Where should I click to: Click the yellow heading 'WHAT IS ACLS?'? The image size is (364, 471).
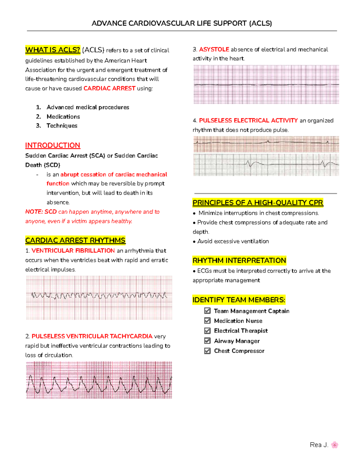click(53, 50)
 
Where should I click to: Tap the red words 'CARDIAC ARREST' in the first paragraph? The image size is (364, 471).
click(109, 88)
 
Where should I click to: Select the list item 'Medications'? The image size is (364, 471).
click(63, 116)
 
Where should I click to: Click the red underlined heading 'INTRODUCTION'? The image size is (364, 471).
click(52, 145)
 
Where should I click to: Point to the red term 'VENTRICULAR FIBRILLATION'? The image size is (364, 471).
click(73, 251)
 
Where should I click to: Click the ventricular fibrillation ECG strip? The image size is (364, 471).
click(99, 298)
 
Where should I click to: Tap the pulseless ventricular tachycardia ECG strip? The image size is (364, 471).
click(99, 380)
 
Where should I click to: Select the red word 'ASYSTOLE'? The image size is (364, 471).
click(214, 49)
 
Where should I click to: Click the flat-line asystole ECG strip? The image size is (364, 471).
click(266, 84)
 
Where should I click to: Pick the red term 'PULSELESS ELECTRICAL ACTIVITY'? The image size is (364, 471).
click(248, 120)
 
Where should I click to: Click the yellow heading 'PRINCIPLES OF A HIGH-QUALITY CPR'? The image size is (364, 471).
click(258, 203)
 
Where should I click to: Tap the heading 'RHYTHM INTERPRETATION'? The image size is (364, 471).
click(239, 261)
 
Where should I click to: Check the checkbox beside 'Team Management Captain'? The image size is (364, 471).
click(207, 311)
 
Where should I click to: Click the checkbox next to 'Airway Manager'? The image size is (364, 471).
click(207, 341)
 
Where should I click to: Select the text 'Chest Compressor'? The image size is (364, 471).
click(239, 351)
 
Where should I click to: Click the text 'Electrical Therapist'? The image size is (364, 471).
click(241, 331)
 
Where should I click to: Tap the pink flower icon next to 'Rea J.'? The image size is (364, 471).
click(335, 445)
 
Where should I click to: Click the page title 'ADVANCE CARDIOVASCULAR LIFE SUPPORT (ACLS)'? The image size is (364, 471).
click(182, 23)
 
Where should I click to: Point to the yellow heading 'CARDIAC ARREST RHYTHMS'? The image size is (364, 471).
click(75, 240)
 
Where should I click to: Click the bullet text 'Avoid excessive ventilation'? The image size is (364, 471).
click(233, 241)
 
